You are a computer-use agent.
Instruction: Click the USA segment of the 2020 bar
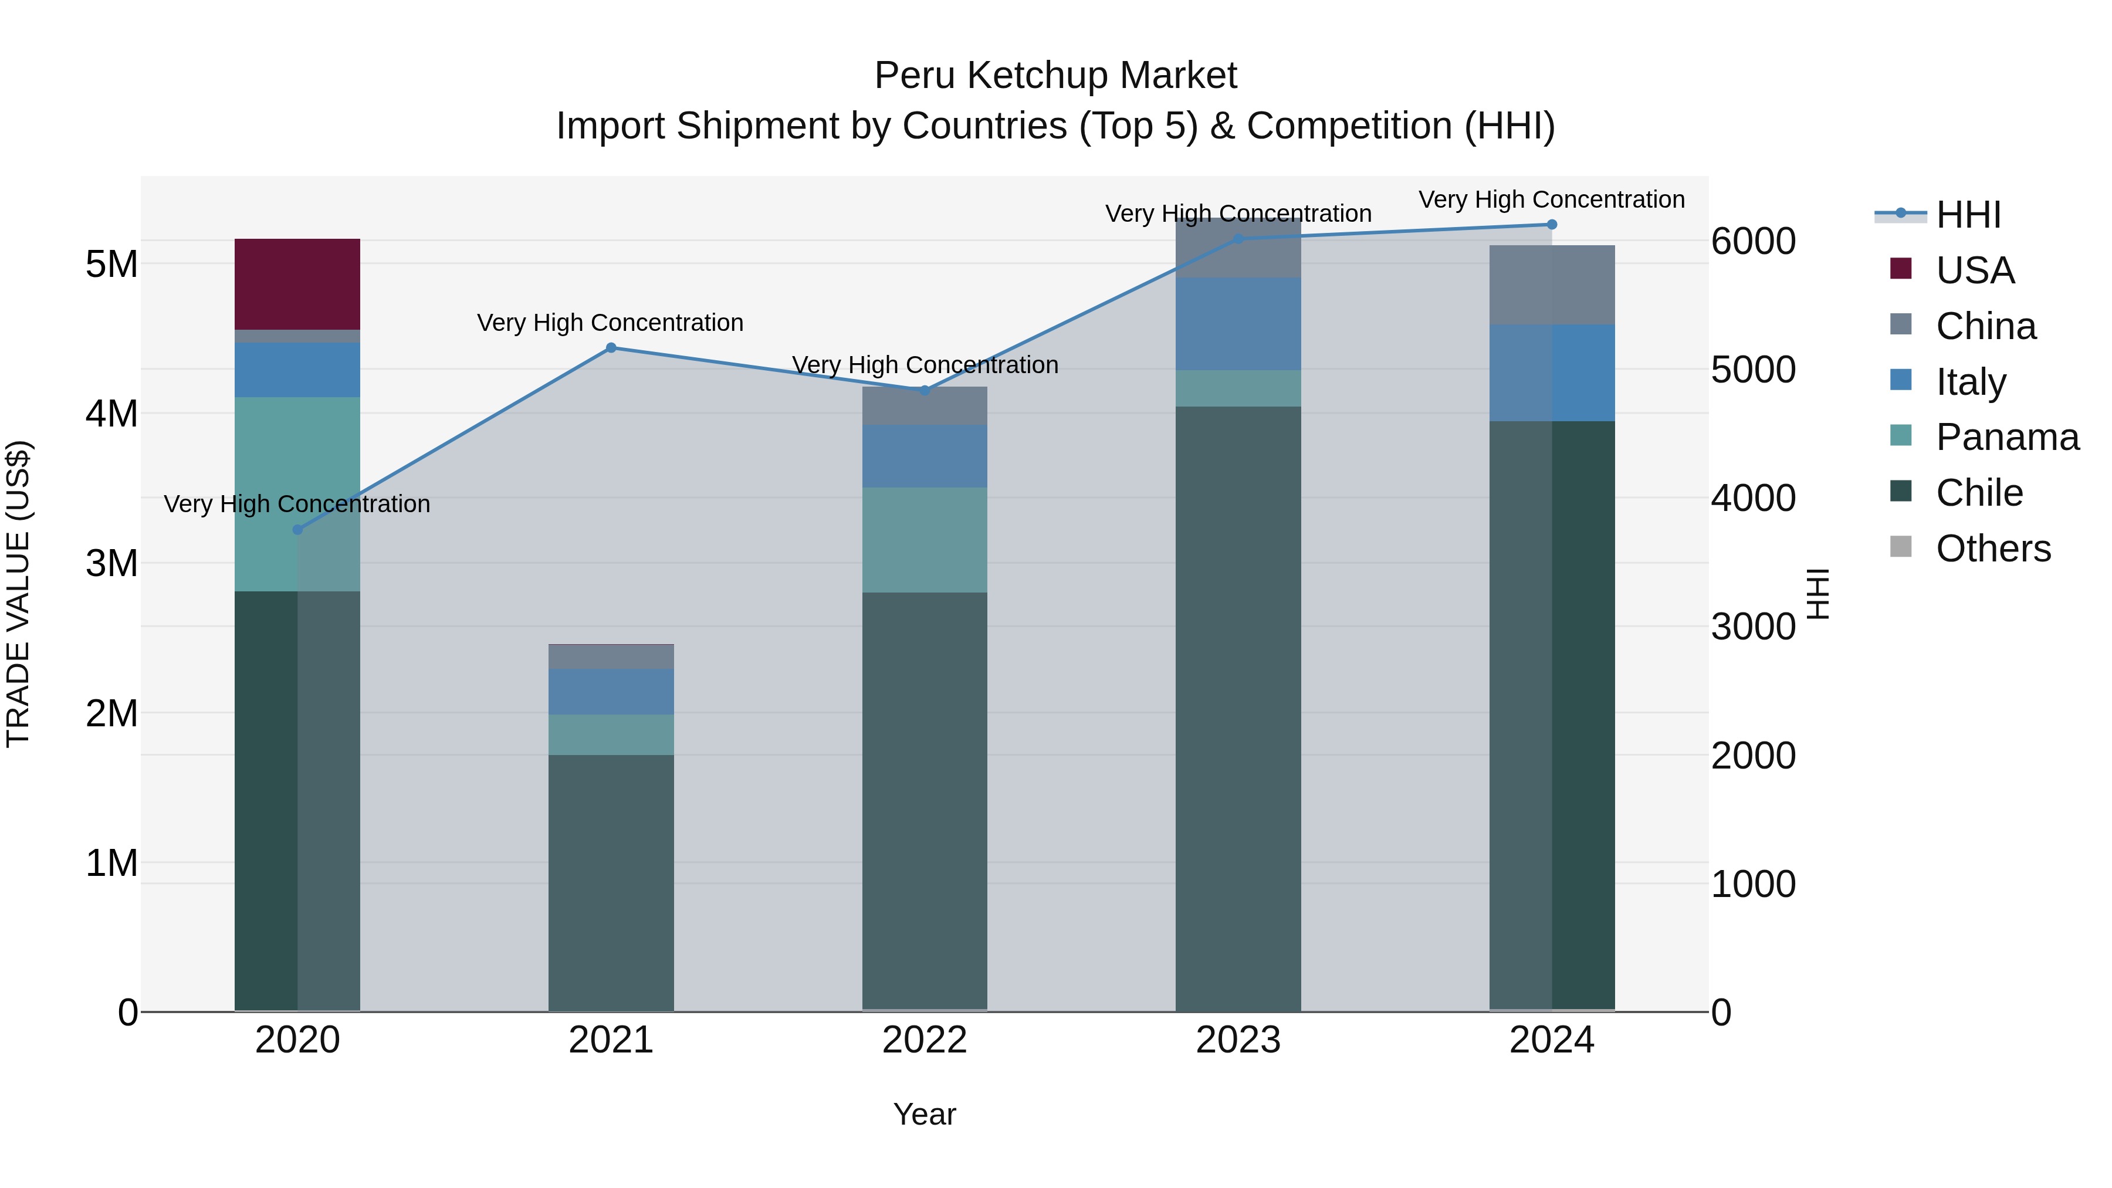click(297, 284)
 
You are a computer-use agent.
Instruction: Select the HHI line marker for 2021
click(611, 348)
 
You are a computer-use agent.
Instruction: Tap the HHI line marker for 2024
click(1551, 225)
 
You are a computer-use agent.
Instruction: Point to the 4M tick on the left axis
click(111, 413)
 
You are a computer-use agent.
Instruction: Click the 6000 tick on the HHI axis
click(1753, 241)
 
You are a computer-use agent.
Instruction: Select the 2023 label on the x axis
click(1238, 1040)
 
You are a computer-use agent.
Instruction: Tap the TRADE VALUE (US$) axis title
click(18, 594)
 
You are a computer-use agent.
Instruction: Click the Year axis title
click(924, 1114)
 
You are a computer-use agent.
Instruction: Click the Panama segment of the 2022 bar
click(924, 540)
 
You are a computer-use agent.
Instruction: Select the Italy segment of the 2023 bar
click(1238, 323)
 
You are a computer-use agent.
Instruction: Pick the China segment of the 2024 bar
click(1551, 285)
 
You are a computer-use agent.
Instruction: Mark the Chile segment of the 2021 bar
click(611, 882)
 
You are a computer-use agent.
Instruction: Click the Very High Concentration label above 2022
click(924, 365)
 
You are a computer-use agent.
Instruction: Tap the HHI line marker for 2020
click(297, 530)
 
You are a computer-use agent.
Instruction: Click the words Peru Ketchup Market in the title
click(1055, 76)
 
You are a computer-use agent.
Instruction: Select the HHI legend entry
click(1968, 215)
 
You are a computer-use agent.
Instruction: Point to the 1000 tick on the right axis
click(1753, 884)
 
